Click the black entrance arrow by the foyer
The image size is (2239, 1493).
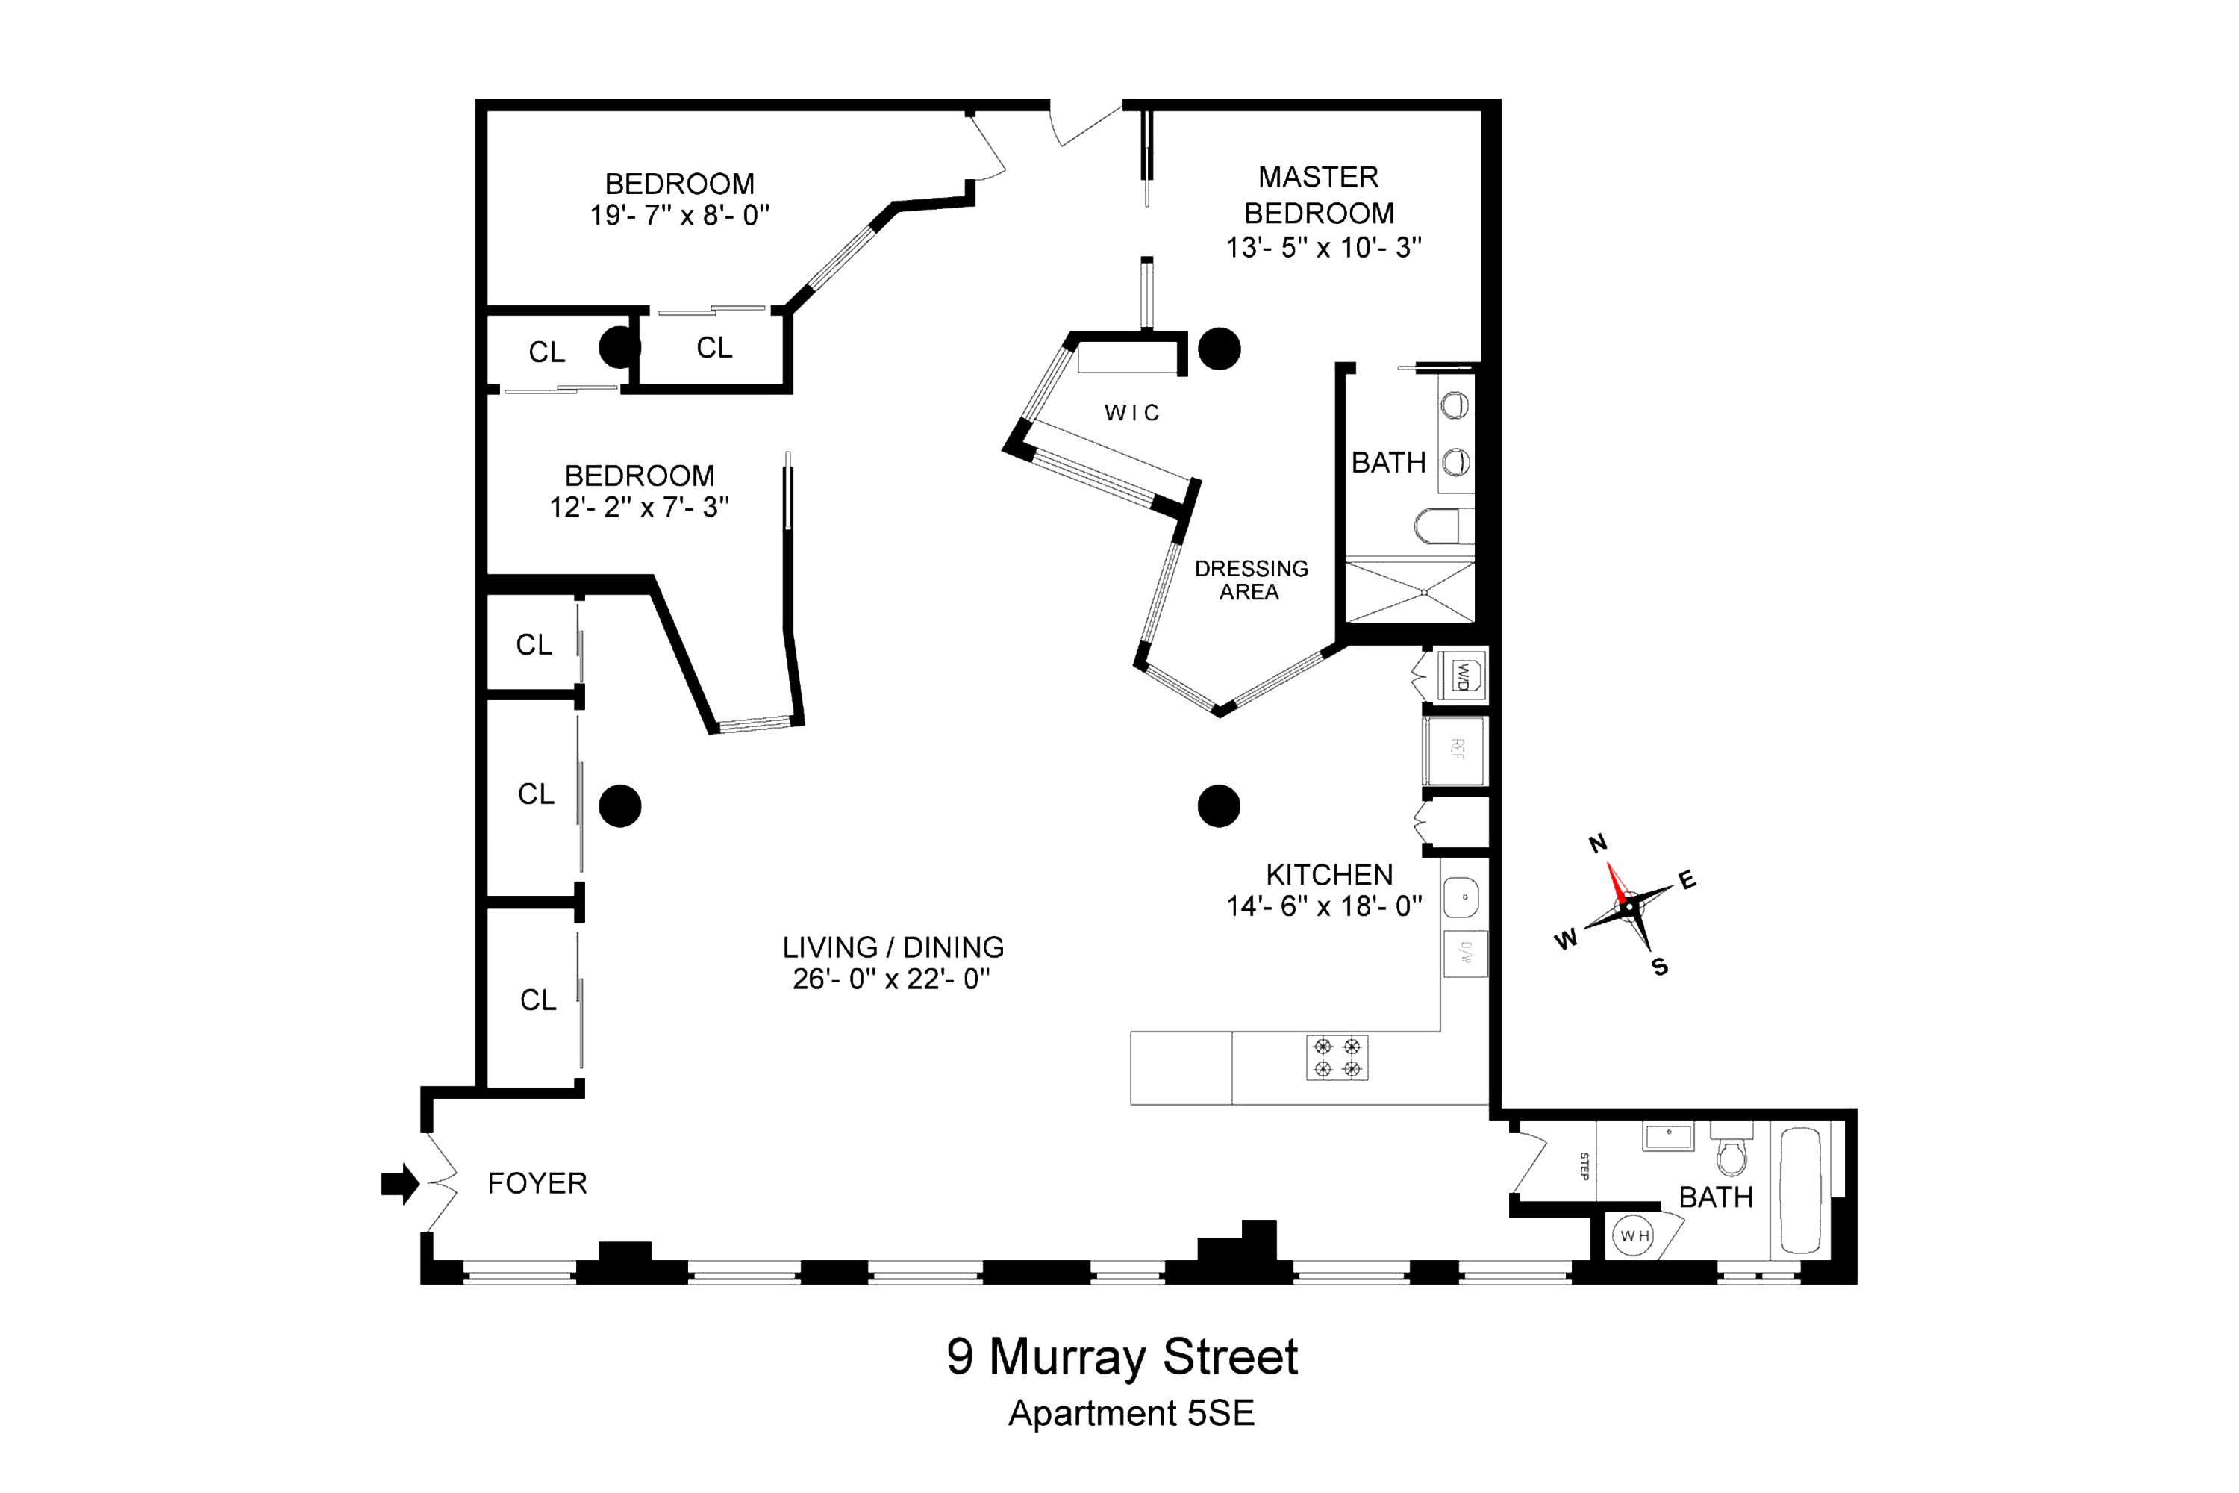coord(401,1183)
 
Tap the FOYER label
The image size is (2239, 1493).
coord(537,1183)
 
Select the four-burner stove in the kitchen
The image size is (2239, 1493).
coord(1337,1058)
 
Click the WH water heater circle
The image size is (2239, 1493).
coord(1634,1236)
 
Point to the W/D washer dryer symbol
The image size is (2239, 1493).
coord(1461,676)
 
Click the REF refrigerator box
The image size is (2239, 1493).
coord(1455,749)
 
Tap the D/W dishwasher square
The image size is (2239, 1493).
coord(1465,953)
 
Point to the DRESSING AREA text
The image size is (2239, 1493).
coord(1251,580)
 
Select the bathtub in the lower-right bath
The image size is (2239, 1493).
coord(1800,1190)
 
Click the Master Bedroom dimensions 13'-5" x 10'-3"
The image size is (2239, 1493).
coord(1323,248)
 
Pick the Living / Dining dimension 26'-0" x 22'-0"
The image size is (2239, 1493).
coord(892,979)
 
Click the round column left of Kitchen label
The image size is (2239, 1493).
coord(1219,805)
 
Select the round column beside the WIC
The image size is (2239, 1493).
coord(1219,349)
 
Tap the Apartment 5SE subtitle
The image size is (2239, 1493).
coord(1131,1414)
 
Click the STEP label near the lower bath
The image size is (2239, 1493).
coord(1584,1165)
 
